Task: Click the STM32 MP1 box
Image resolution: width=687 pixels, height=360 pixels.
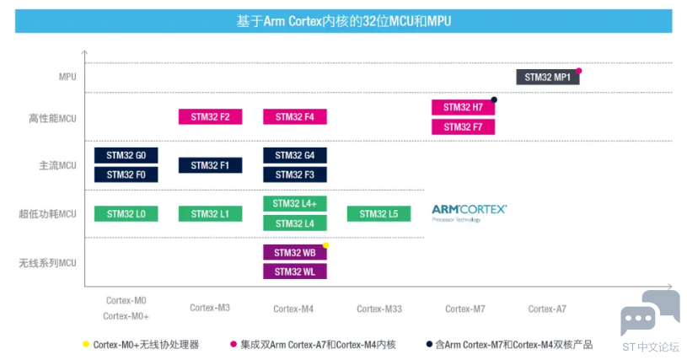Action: [548, 77]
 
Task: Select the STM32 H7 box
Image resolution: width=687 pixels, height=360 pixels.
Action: [463, 107]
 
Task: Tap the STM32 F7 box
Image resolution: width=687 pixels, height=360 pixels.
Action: [463, 127]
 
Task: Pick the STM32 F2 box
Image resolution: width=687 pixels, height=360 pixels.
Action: [210, 117]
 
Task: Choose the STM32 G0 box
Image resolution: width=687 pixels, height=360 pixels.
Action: [126, 155]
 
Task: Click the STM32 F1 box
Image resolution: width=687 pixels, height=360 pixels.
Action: [210, 165]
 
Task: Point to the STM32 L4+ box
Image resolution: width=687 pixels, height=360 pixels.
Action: [295, 204]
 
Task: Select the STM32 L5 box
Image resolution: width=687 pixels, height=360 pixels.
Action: [379, 213]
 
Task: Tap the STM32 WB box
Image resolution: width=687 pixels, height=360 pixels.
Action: [295, 253]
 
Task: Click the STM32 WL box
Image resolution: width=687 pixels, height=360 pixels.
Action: [295, 271]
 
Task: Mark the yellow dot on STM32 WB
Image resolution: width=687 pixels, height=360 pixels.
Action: [326, 245]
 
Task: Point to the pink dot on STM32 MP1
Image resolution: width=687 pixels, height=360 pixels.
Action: [579, 71]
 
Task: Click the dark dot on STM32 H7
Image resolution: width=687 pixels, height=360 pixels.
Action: [494, 99]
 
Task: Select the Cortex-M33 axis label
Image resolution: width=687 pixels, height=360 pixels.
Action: [379, 309]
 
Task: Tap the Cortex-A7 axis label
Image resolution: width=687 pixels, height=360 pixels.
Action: [547, 309]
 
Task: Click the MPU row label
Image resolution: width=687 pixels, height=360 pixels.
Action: [67, 77]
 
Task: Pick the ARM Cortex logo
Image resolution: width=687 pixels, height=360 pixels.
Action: [470, 213]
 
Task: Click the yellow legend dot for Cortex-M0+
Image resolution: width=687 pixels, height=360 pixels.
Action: [86, 344]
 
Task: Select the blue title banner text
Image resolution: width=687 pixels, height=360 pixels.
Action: [344, 21]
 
